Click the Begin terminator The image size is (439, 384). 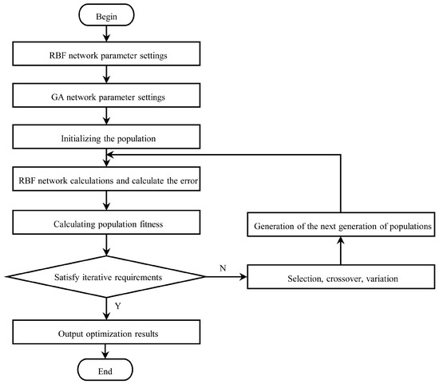coord(106,15)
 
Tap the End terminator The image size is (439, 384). coord(105,370)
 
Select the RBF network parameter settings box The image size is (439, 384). coord(106,53)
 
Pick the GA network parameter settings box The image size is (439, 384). coord(106,95)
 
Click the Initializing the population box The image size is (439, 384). coord(106,137)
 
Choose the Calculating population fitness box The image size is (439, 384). coord(106,223)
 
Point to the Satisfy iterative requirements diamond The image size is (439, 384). coord(106,277)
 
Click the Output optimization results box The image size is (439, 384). coord(106,332)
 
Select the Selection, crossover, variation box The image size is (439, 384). coord(341,277)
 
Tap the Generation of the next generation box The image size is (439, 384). coord(341,224)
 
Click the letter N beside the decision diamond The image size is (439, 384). coord(223,268)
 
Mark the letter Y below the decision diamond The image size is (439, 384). coord(118,306)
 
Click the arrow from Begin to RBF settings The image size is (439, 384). coord(106,34)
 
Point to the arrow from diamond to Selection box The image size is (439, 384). coord(226,277)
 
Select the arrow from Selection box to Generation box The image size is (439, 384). coord(341,251)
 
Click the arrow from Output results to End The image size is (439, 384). coord(105,351)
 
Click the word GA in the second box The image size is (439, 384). coord(57,97)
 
